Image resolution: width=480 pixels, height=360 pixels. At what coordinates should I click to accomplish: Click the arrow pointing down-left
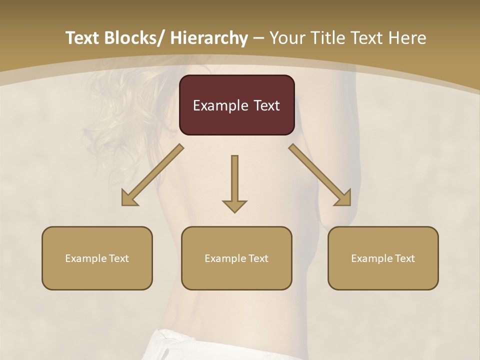click(152, 175)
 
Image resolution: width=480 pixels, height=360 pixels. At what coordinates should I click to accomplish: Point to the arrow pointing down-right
click(320, 175)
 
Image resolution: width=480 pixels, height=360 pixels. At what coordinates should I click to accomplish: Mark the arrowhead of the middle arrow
click(234, 205)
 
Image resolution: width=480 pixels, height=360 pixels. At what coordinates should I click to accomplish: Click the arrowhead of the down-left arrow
click(129, 198)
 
